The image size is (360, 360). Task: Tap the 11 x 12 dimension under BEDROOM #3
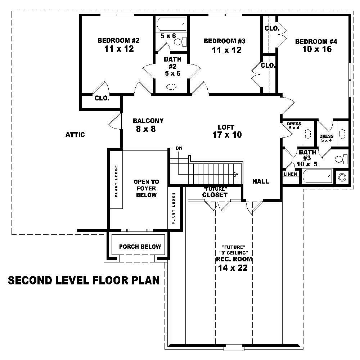pyautogui.click(x=226, y=50)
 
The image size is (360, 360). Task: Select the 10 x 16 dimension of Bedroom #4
pyautogui.click(x=317, y=49)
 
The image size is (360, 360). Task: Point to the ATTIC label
pyautogui.click(x=75, y=135)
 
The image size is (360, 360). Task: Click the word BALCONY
pyautogui.click(x=148, y=121)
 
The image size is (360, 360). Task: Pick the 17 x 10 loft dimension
pyautogui.click(x=227, y=135)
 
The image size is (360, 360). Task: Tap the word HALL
pyautogui.click(x=260, y=181)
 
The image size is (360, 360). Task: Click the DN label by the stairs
pyautogui.click(x=179, y=148)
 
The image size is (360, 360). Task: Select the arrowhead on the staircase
pyautogui.click(x=237, y=175)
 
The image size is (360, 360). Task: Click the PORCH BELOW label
pyautogui.click(x=140, y=247)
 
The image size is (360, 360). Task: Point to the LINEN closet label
pyautogui.click(x=291, y=174)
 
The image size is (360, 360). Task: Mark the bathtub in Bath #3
pyautogui.click(x=317, y=176)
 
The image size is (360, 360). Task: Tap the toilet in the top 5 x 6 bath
pyautogui.click(x=179, y=41)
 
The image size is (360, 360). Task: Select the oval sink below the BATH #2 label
pyautogui.click(x=171, y=86)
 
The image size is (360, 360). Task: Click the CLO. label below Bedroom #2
pyautogui.click(x=102, y=98)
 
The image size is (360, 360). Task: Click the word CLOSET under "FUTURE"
pyautogui.click(x=215, y=195)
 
